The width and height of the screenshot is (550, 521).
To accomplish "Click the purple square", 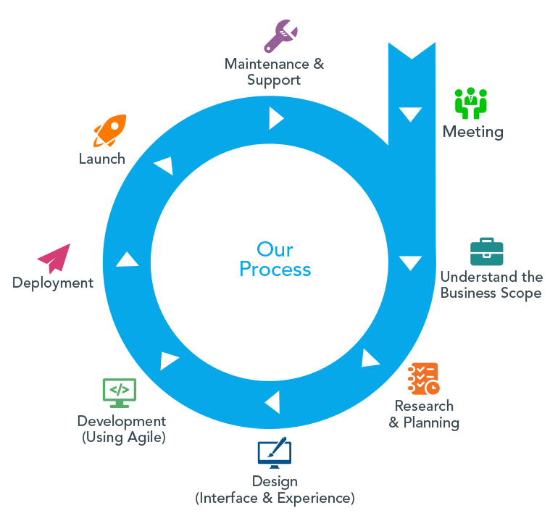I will point(281,36).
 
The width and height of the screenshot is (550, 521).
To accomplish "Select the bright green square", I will point(470,103).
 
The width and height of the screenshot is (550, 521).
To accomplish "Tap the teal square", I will point(487,251).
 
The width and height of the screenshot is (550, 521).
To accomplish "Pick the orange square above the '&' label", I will point(423,378).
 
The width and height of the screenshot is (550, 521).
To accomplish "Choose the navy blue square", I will point(274,452).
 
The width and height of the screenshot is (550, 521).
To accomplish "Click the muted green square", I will point(120,393).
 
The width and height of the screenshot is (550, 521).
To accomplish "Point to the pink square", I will point(54,259).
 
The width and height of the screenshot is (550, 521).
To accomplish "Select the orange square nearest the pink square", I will point(109,131).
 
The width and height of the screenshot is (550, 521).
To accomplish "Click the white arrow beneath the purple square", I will point(275,118).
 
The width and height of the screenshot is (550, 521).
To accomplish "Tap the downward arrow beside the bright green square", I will point(410,114).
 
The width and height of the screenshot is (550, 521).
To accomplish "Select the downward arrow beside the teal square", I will point(410,262).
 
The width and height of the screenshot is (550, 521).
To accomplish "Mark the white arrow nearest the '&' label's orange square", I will point(370,359).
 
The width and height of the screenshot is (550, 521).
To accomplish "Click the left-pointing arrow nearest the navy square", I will point(273,401).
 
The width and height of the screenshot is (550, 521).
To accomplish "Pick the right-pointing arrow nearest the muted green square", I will point(169,359).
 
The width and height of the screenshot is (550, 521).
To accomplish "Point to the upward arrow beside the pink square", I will point(128,259).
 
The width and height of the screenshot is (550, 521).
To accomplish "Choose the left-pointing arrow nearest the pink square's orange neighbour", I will point(164,165).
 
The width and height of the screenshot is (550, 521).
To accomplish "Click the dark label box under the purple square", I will point(278,73).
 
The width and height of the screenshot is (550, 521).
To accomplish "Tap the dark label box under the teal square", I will point(487,286).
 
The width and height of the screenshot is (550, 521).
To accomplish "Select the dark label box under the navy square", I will point(272,491).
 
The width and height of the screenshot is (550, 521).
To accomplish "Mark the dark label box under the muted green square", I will point(122,430).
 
